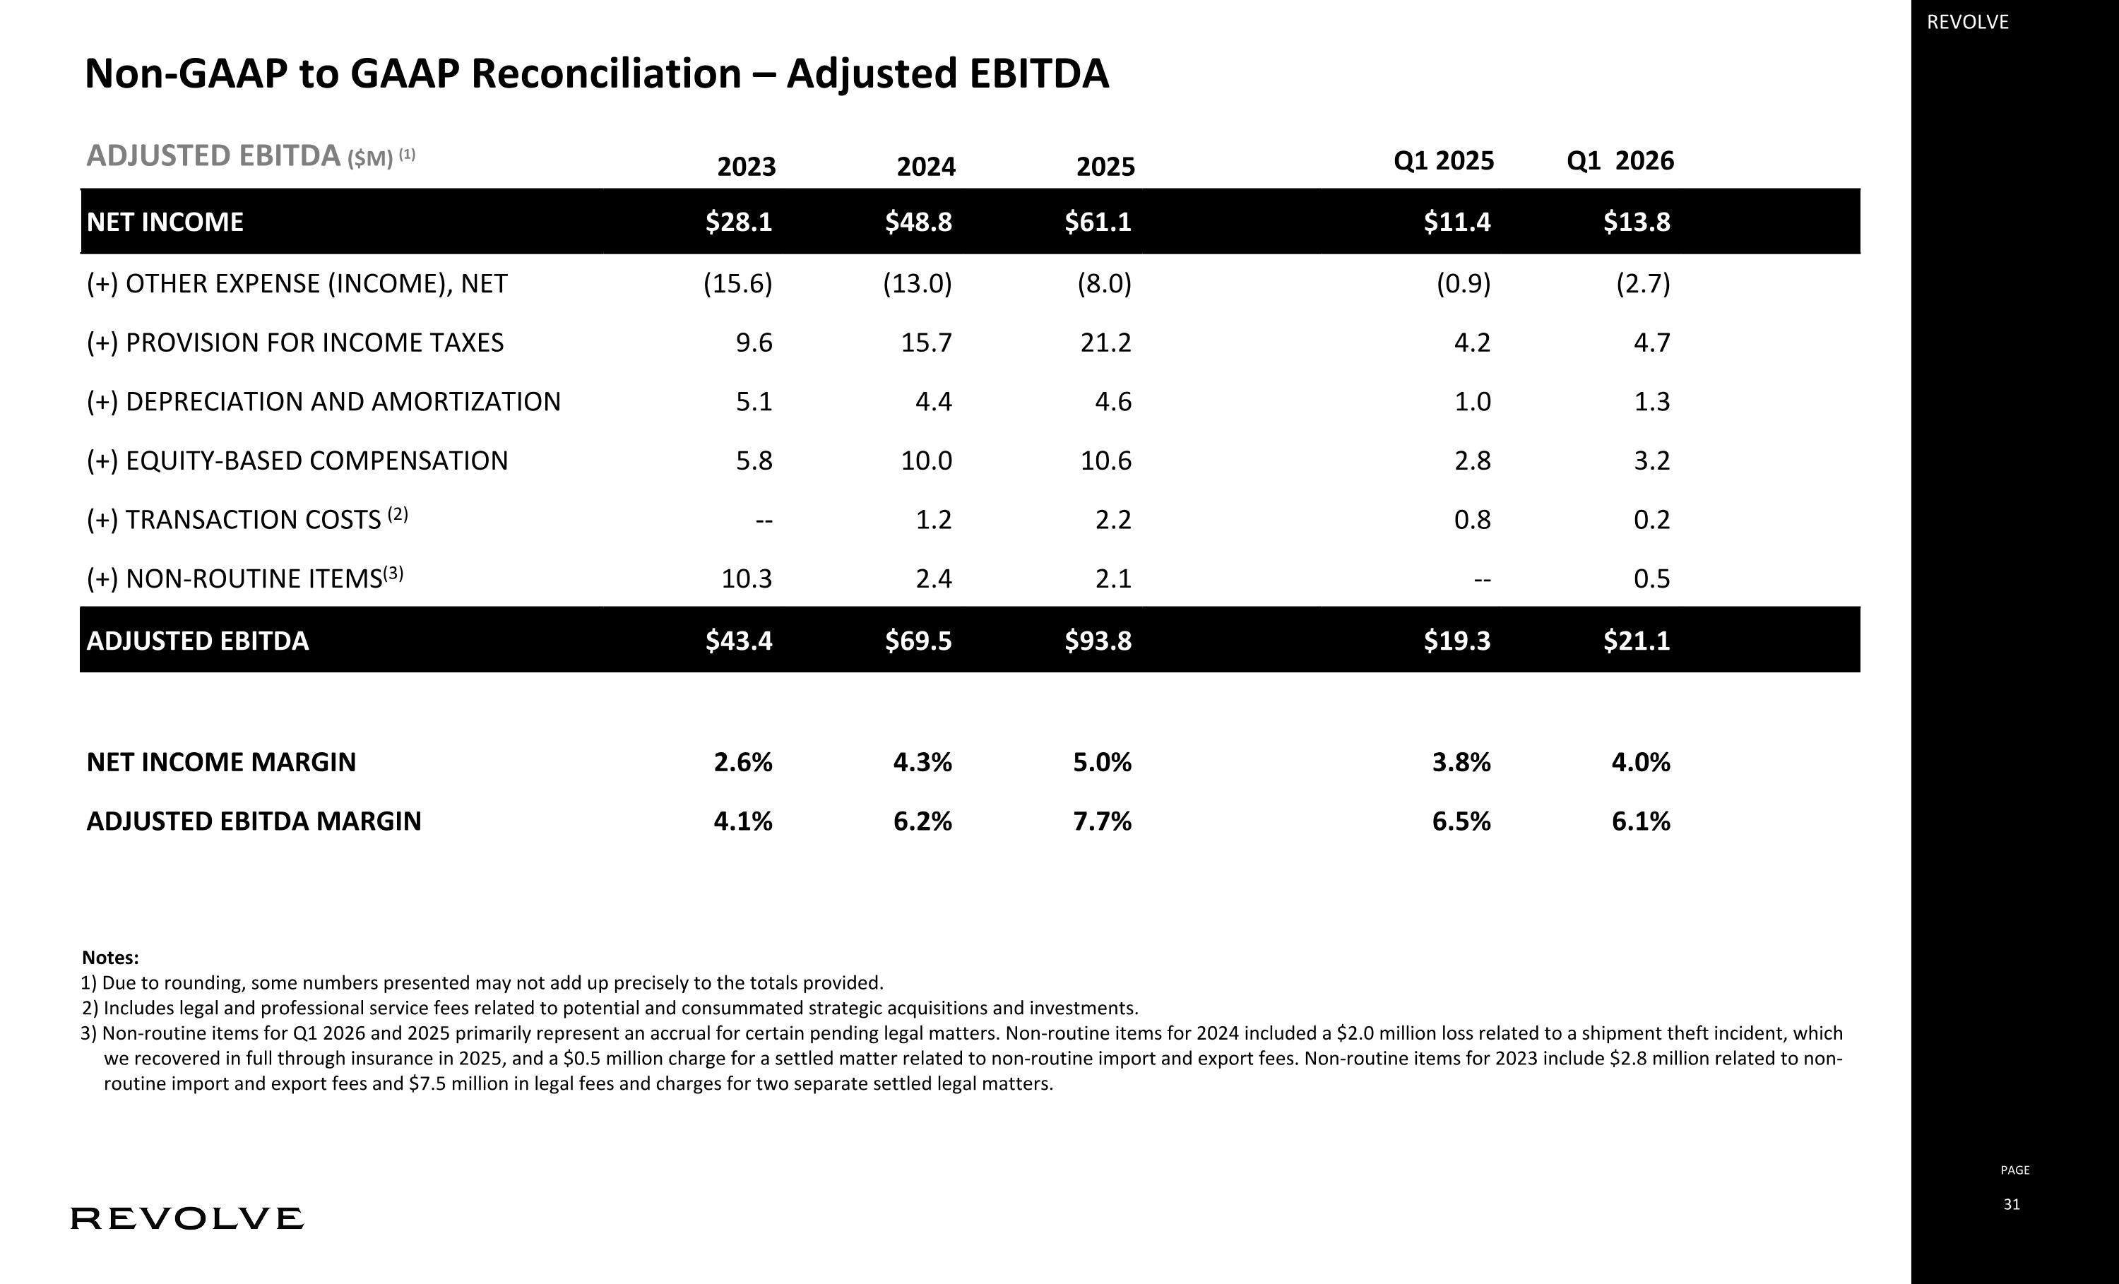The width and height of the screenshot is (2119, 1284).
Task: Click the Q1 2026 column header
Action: coord(1620,161)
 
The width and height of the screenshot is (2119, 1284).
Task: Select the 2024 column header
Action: coord(925,166)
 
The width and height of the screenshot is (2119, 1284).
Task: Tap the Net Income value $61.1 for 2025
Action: coord(1098,222)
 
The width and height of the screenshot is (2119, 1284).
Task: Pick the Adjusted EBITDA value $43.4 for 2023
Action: coord(739,641)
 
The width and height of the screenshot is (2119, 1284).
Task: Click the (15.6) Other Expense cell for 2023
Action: coord(738,284)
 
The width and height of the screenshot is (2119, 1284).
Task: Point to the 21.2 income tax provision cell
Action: coord(1106,343)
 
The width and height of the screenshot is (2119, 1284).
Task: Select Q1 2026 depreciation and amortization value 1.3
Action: coord(1652,402)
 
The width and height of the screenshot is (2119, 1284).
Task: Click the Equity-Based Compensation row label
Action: coord(297,461)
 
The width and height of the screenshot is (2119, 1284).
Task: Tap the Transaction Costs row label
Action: coord(247,518)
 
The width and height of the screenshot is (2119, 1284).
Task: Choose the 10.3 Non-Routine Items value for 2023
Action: coord(747,579)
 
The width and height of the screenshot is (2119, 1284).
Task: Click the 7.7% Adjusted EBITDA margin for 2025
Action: coord(1102,821)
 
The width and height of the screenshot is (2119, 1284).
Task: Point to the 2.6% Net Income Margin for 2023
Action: coord(743,762)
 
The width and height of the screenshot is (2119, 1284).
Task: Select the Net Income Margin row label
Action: coord(221,762)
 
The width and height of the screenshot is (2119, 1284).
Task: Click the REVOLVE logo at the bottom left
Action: coord(186,1218)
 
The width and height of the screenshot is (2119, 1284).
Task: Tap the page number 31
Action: coord(2012,1204)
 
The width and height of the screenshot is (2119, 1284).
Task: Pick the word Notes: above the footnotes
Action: coord(110,957)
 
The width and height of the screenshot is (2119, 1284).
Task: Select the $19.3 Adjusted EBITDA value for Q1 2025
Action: coord(1456,641)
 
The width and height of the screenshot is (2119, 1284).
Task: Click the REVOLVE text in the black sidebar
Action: coord(1968,23)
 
